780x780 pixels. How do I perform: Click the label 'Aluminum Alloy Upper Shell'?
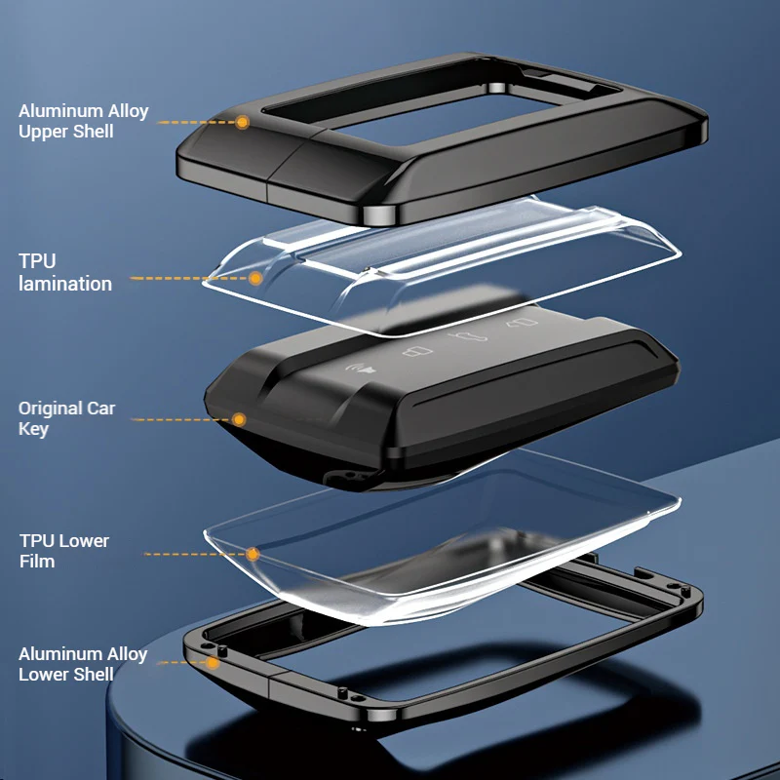tap(84, 121)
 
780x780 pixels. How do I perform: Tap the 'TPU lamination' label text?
tap(65, 273)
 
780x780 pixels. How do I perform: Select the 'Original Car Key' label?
tap(66, 418)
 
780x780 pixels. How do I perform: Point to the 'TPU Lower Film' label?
tap(64, 551)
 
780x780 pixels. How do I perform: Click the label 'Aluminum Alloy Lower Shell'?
tap(83, 664)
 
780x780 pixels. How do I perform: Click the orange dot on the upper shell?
tap(242, 123)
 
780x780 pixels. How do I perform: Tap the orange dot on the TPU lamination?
tap(255, 278)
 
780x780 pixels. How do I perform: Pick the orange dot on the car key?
tap(239, 419)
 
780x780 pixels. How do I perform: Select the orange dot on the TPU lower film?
tap(253, 554)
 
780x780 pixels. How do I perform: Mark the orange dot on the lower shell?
tap(213, 663)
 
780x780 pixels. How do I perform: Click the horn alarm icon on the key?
tap(361, 369)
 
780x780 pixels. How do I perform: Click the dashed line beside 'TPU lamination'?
tap(189, 278)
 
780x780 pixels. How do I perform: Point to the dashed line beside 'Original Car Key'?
tap(181, 419)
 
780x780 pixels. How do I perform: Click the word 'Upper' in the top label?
tap(43, 132)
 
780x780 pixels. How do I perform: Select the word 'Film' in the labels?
tap(37, 562)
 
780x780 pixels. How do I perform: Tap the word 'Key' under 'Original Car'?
tap(33, 429)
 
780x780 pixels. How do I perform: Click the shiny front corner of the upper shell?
tap(380, 214)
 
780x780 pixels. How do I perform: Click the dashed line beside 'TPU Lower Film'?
tap(194, 554)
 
